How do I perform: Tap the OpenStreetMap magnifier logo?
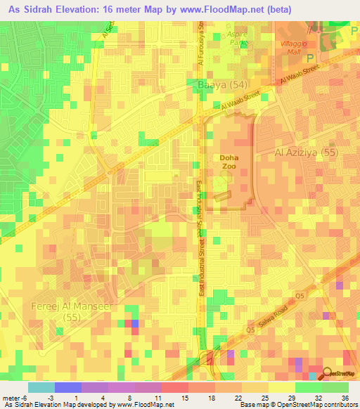(x=327, y=375)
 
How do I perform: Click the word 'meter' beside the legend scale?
(x=11, y=398)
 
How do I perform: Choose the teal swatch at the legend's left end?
(x=41, y=387)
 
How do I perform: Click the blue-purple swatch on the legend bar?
(x=67, y=387)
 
